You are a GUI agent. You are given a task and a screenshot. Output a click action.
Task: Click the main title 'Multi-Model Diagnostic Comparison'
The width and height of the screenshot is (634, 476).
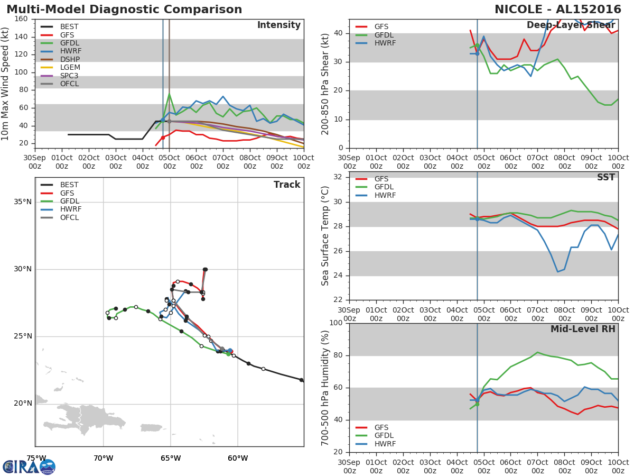point(124,10)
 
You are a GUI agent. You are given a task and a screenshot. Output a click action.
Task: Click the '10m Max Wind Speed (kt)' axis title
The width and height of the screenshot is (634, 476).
point(6,84)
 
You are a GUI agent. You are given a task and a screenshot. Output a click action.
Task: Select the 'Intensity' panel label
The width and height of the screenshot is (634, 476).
point(278,25)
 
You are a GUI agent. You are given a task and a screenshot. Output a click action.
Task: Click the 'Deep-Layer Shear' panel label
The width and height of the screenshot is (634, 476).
point(571,25)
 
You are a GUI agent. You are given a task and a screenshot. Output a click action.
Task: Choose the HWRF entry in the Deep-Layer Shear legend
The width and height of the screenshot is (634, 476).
point(385,43)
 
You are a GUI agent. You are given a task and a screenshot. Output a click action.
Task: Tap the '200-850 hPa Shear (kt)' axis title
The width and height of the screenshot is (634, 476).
point(326,84)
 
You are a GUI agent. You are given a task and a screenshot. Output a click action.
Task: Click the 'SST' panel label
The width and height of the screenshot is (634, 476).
point(605,178)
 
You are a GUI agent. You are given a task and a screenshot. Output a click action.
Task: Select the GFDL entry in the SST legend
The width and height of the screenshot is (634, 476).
point(385,187)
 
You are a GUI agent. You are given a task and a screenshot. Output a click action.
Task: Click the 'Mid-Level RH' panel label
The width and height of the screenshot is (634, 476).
point(583,329)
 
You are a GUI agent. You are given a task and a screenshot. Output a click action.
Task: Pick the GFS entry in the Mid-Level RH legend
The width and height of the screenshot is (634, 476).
point(381,427)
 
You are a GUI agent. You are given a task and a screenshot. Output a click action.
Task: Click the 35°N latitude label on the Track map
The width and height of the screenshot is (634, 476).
point(23,202)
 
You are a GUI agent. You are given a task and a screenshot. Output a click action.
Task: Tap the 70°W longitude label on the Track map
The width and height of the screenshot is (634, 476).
point(104,458)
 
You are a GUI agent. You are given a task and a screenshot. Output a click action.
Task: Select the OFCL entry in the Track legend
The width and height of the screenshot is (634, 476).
point(70,217)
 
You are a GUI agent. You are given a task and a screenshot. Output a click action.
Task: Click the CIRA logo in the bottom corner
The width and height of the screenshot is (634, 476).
point(29,466)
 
